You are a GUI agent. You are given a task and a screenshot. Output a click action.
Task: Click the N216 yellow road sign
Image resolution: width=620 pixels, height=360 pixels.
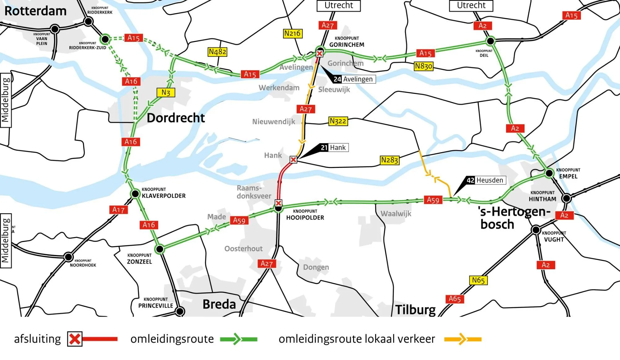pos(292,33)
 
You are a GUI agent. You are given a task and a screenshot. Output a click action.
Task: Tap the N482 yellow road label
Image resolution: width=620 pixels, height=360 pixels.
pos(217,52)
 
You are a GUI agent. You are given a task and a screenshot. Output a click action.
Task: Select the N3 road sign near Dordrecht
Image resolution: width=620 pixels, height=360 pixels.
pos(166,93)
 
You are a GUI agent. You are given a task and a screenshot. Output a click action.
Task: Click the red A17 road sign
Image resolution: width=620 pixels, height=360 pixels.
pos(118,210)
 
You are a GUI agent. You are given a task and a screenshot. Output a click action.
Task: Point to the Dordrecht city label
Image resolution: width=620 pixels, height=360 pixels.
pos(176,118)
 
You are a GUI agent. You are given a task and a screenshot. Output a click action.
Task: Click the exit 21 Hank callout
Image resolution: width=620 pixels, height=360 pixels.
pos(334,147)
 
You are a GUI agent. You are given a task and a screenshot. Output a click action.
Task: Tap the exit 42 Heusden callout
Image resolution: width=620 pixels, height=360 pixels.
pos(486,180)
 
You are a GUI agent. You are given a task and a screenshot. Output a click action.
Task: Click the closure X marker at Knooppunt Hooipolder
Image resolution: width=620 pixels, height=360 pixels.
pos(278,203)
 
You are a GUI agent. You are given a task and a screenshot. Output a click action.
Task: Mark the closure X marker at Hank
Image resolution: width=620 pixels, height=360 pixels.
pos(293,160)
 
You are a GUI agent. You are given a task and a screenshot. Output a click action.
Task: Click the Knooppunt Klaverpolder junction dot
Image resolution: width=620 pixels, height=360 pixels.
pos(135,194)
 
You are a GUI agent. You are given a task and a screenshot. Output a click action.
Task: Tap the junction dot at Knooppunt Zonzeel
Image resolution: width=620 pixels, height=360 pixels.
pos(160,249)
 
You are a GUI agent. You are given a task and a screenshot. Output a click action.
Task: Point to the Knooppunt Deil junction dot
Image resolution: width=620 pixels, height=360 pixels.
pos(490,41)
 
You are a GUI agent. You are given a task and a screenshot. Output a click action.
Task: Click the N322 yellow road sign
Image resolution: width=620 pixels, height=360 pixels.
pos(338,121)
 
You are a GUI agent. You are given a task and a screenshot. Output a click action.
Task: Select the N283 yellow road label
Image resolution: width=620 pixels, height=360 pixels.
pos(390,160)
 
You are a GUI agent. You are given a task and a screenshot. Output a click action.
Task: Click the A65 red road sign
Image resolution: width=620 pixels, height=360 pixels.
pos(455,299)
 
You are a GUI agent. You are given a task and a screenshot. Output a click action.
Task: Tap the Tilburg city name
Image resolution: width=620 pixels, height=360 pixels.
pos(415,310)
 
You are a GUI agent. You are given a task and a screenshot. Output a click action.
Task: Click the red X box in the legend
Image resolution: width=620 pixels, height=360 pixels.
pos(75,339)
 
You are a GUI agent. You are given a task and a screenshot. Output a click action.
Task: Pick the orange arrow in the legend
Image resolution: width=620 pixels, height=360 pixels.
pos(462,339)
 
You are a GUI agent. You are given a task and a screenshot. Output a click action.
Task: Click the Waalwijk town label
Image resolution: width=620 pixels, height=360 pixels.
pos(396,214)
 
